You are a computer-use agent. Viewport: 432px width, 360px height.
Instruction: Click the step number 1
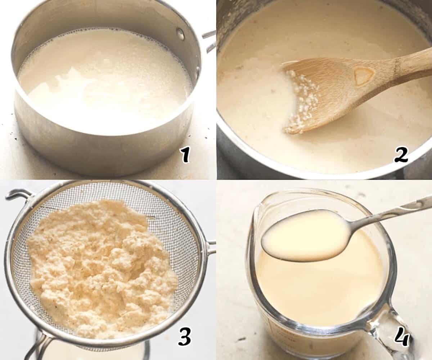click(x=185, y=155)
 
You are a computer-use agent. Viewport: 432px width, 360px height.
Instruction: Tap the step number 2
click(x=401, y=155)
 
